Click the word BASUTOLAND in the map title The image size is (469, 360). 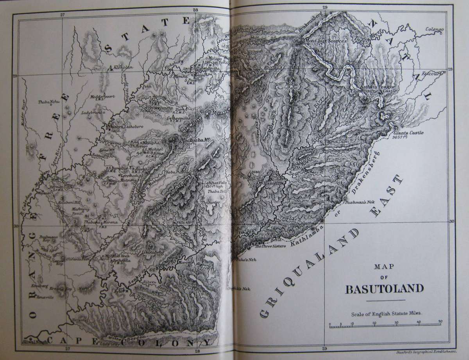coord(384,289)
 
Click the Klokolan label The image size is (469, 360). coord(123,67)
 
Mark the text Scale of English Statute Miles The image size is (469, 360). coord(384,313)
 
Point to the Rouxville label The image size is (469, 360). coord(45,297)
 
